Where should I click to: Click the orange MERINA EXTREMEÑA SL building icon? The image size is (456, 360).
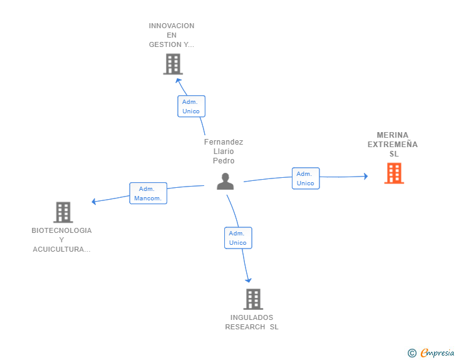pyautogui.click(x=394, y=173)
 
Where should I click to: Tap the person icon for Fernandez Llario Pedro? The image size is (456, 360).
pyautogui.click(x=225, y=181)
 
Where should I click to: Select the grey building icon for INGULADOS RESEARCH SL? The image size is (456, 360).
pyautogui.click(x=253, y=299)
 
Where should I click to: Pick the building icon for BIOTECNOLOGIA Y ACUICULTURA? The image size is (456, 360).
pyautogui.click(x=63, y=212)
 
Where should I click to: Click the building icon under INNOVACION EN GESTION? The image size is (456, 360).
pyautogui.click(x=173, y=64)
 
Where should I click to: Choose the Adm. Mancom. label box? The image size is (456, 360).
pyautogui.click(x=148, y=193)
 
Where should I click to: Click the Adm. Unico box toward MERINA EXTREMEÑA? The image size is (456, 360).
pyautogui.click(x=306, y=178)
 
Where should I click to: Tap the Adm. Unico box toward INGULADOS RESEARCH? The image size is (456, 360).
pyautogui.click(x=238, y=238)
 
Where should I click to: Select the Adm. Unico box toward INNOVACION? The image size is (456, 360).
pyautogui.click(x=192, y=106)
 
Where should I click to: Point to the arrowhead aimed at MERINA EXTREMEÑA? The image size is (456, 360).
pyautogui.click(x=366, y=176)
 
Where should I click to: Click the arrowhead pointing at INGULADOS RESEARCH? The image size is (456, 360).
pyautogui.click(x=248, y=280)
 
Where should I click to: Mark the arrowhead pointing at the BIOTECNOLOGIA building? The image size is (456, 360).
pyautogui.click(x=94, y=201)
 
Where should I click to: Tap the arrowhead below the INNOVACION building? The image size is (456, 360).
pyautogui.click(x=178, y=80)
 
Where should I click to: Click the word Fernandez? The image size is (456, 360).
pyautogui.click(x=224, y=142)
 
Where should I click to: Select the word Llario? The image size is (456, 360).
pyautogui.click(x=224, y=152)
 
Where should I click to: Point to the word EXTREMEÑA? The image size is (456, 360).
pyautogui.click(x=393, y=144)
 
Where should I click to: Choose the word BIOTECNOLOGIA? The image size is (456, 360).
pyautogui.click(x=61, y=230)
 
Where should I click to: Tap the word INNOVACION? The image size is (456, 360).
pyautogui.click(x=172, y=26)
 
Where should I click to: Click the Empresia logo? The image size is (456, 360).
pyautogui.click(x=431, y=352)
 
